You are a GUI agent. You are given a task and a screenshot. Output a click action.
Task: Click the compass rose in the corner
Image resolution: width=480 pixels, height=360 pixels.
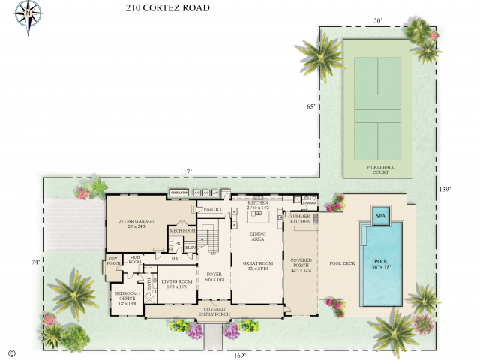pyautogui.click(x=28, y=14)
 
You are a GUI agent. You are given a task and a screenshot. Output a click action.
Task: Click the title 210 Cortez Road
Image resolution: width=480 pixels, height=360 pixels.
pyautogui.click(x=167, y=8)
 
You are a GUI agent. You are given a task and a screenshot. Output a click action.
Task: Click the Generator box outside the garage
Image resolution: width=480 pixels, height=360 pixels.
pyautogui.click(x=178, y=193)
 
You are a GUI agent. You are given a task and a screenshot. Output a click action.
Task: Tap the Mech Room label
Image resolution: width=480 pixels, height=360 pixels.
pyautogui.click(x=182, y=231)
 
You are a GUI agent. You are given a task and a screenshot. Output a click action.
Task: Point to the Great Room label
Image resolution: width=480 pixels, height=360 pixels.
pyautogui.click(x=256, y=265)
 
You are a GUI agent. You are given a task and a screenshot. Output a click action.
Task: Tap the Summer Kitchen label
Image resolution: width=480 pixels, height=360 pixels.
pyautogui.click(x=300, y=219)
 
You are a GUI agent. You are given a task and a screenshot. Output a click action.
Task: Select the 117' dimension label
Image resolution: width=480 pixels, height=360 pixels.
pyautogui.click(x=185, y=172)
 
